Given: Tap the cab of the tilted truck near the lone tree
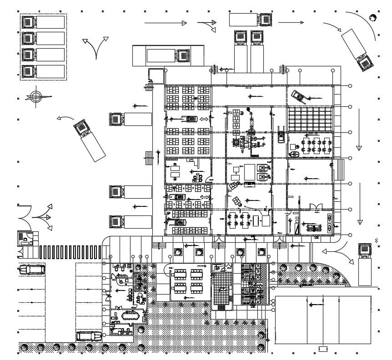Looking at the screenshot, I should [365, 62].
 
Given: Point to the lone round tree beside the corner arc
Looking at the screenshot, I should [373, 18].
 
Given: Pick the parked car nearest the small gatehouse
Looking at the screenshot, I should [32, 270].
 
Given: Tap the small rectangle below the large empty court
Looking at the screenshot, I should [323, 349].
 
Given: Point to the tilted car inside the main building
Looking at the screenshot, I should [298, 96].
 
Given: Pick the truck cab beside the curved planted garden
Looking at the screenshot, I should [366, 250].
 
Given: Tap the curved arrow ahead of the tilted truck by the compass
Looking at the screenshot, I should [65, 119].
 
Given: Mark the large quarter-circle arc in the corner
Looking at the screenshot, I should [364, 25].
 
